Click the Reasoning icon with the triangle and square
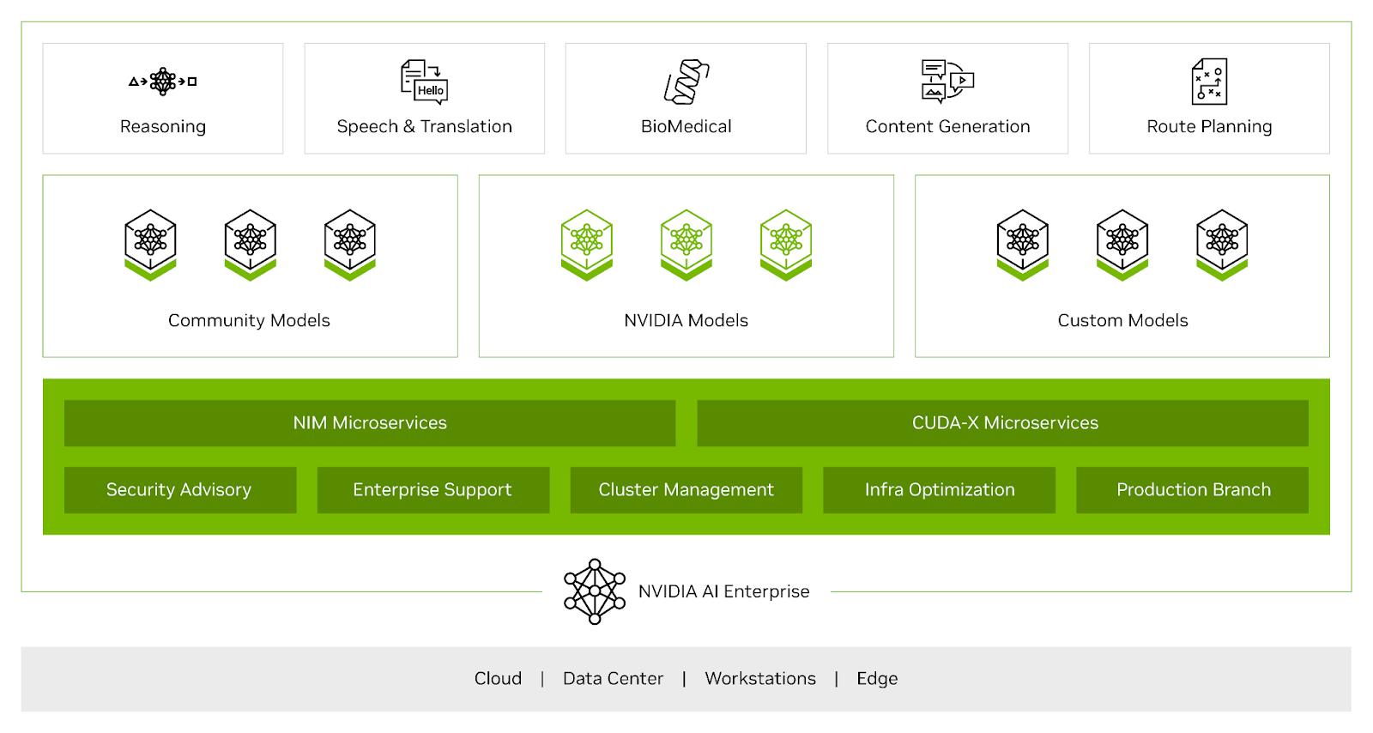(x=162, y=81)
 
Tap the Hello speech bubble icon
(x=424, y=82)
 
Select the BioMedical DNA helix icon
(x=686, y=82)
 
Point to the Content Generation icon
(x=947, y=81)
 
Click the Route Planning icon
(x=1209, y=82)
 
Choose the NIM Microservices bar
(x=370, y=423)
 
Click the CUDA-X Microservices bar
(x=1003, y=423)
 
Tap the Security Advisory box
(x=180, y=490)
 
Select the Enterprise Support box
(x=433, y=490)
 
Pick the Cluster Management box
(x=686, y=490)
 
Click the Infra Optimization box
(x=939, y=490)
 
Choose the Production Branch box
(x=1192, y=490)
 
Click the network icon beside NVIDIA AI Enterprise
(x=594, y=591)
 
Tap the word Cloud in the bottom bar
(x=498, y=678)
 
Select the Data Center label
(x=613, y=678)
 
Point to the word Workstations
(x=760, y=678)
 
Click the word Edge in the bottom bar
(x=877, y=678)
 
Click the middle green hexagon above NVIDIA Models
(x=686, y=245)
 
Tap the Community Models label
(x=249, y=320)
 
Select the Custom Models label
(x=1122, y=320)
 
